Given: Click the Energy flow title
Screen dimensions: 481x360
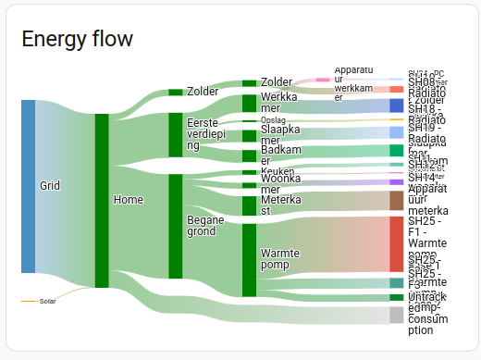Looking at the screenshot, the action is pos(77,38).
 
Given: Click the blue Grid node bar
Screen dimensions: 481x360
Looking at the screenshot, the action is pos(28,186).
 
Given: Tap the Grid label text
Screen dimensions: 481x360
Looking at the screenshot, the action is pos(50,186).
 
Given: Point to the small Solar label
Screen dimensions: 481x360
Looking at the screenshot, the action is pos(48,301).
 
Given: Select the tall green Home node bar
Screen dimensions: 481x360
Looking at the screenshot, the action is pos(102,200).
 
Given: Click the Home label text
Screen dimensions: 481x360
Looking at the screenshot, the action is pos(128,199).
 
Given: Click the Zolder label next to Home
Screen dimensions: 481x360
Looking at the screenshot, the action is pos(203,92).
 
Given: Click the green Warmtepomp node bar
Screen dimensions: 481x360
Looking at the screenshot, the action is pos(249,258).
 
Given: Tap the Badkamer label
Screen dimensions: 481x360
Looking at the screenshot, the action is pos(279,155).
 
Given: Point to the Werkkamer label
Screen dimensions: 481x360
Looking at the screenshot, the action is pos(278,102).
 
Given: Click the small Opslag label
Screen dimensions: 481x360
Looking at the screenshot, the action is pos(273,120).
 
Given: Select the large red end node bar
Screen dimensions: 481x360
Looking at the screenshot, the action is pos(396,243).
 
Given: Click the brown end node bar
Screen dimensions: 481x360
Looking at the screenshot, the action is pos(396,201).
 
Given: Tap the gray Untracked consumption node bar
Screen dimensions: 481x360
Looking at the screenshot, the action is pos(396,316).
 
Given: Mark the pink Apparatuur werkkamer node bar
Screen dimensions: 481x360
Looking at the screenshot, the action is pos(323,81).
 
